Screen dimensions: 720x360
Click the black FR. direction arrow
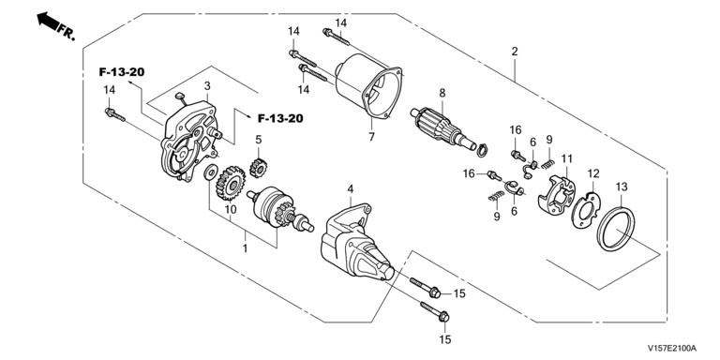click(49, 22)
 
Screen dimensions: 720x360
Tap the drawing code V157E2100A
click(672, 348)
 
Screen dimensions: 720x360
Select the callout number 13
click(622, 187)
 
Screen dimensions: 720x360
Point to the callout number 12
click(593, 173)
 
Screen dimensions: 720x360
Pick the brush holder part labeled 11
click(557, 196)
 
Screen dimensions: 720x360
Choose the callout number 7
click(371, 137)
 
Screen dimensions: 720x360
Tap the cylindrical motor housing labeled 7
click(368, 87)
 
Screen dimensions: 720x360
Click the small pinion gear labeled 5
click(258, 167)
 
